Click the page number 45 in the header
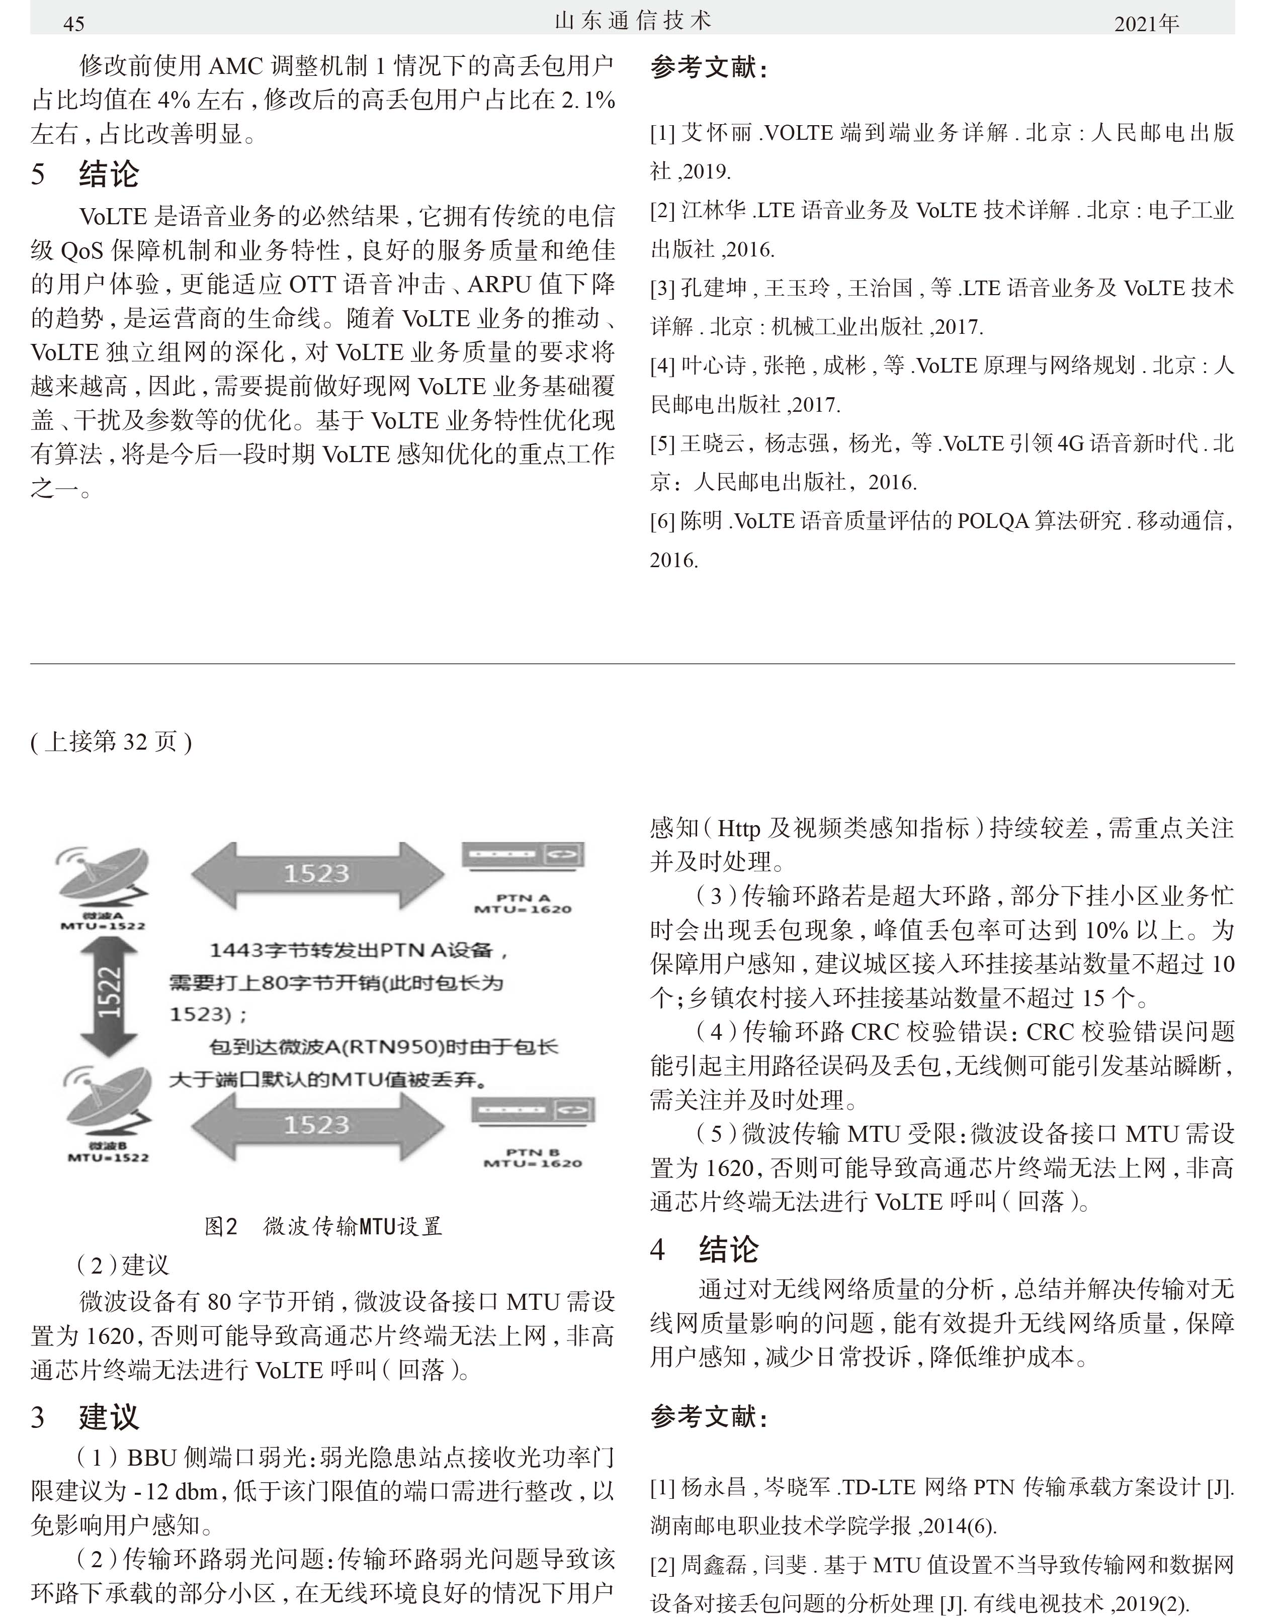(x=73, y=24)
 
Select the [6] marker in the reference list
(x=662, y=520)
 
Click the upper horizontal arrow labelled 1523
(x=317, y=873)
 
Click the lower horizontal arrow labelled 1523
(x=317, y=1124)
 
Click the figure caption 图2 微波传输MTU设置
(x=323, y=1226)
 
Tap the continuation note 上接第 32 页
(x=111, y=742)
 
